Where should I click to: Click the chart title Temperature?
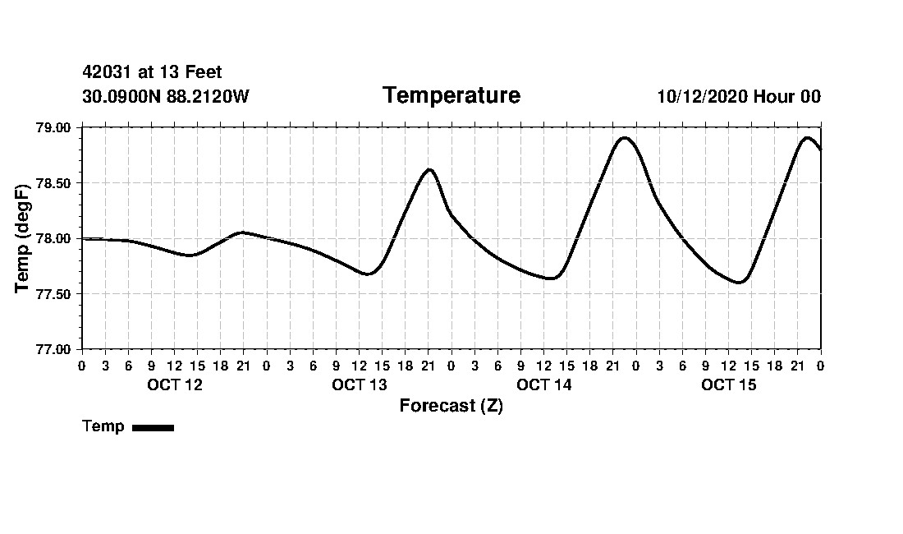pyautogui.click(x=451, y=96)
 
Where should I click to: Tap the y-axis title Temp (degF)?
pyautogui.click(x=23, y=237)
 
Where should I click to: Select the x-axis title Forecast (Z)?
pyautogui.click(x=451, y=406)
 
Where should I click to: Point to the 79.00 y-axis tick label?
pyautogui.click(x=54, y=128)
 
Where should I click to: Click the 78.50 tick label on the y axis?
pyautogui.click(x=54, y=183)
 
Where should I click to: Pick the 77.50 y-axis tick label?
pyautogui.click(x=54, y=294)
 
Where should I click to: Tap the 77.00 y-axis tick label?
pyautogui.click(x=54, y=349)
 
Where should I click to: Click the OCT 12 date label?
pyautogui.click(x=174, y=384)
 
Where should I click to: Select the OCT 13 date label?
pyautogui.click(x=359, y=384)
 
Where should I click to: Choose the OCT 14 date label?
pyautogui.click(x=543, y=384)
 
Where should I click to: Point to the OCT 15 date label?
pyautogui.click(x=728, y=384)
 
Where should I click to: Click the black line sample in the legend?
pyautogui.click(x=153, y=427)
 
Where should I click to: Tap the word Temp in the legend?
pyautogui.click(x=103, y=426)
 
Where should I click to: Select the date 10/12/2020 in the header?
pyautogui.click(x=702, y=97)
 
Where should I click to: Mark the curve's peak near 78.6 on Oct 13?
pyautogui.click(x=429, y=169)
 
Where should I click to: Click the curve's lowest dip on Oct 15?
pyautogui.click(x=740, y=283)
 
